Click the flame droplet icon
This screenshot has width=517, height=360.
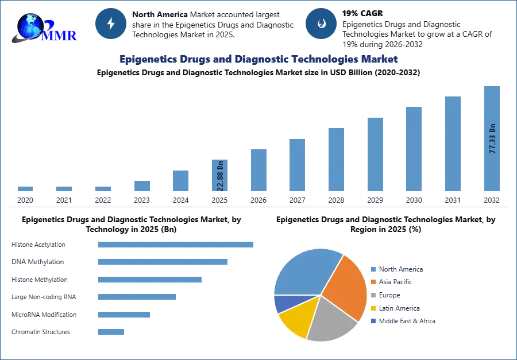click(321, 24)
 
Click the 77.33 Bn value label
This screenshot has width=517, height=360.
click(492, 138)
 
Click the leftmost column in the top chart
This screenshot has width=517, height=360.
click(25, 188)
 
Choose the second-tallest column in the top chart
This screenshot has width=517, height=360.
click(452, 144)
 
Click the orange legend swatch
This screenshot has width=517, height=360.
click(373, 282)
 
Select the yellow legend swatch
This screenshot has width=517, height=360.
click(373, 308)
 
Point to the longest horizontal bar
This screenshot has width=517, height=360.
click(176, 244)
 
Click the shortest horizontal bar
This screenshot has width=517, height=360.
click(110, 331)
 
